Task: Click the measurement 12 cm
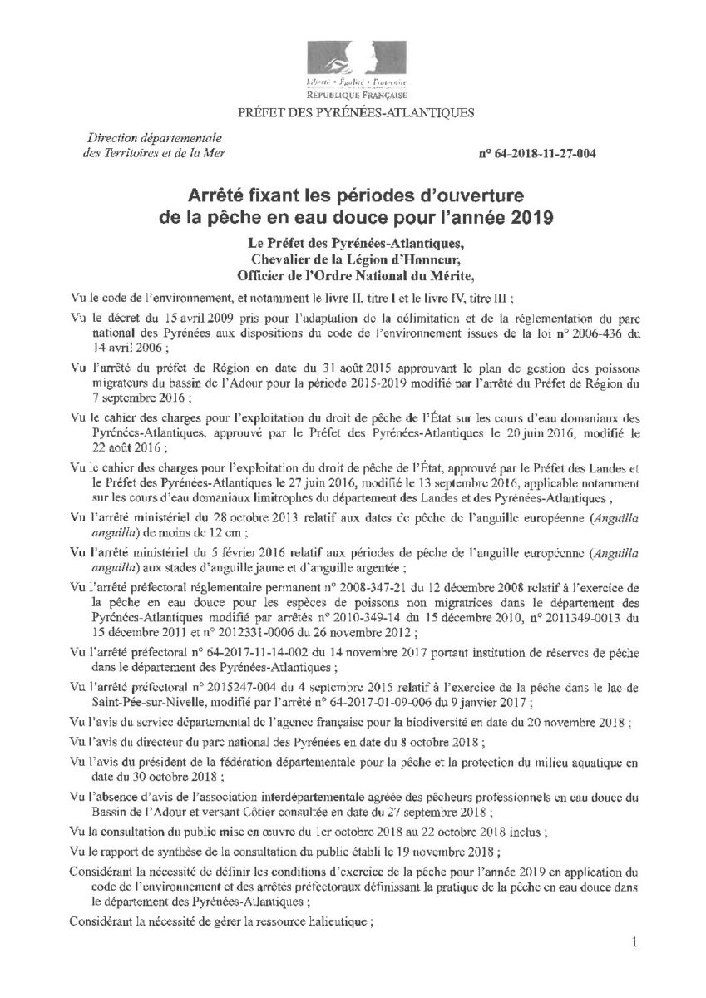[x=237, y=531]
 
